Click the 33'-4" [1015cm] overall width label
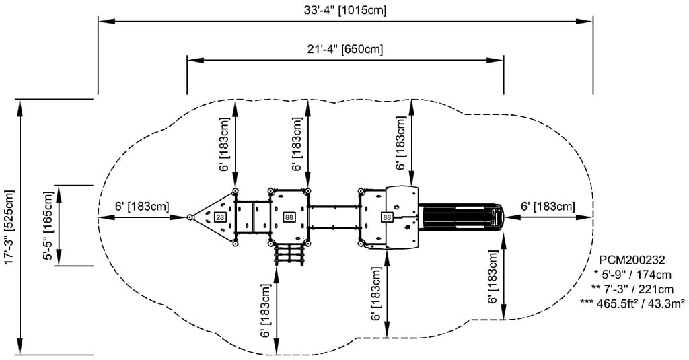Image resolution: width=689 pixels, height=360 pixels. click(345, 10)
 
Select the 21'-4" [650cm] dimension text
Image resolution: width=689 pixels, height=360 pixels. click(345, 49)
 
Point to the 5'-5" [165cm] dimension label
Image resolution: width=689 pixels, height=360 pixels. click(48, 225)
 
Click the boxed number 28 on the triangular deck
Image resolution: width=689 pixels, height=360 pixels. click(220, 217)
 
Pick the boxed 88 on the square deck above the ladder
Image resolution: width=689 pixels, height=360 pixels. click(289, 217)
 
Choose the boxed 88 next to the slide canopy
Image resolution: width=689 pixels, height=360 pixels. click(387, 217)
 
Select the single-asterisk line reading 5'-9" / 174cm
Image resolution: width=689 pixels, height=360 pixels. click(632, 275)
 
